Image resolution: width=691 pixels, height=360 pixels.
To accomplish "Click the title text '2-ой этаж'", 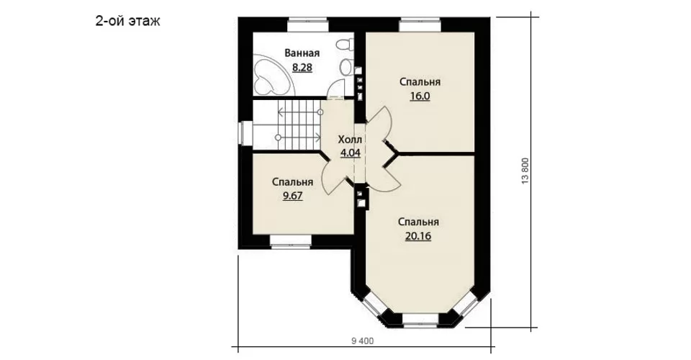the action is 128,21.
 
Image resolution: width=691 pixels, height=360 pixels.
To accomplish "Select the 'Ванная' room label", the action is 302,53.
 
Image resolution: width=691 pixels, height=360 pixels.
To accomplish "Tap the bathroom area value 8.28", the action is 302,68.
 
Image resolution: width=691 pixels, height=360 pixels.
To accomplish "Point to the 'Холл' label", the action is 350,140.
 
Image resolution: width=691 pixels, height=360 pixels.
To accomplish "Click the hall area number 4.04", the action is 350,153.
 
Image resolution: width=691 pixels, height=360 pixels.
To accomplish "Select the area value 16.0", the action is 420,96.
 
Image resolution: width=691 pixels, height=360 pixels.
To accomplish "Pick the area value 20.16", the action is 417,235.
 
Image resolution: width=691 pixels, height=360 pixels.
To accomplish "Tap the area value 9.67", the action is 293,196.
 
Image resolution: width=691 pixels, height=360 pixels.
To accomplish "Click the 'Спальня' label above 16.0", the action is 420,82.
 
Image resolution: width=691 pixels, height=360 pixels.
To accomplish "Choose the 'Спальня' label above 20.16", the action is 418,222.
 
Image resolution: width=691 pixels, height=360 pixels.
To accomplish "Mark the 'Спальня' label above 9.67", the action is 293,181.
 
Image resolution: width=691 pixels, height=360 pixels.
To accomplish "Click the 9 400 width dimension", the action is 363,340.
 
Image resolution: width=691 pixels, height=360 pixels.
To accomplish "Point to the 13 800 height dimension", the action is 525,171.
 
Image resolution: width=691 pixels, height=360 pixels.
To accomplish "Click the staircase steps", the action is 299,125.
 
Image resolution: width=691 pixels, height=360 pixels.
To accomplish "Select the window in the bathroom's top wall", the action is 308,24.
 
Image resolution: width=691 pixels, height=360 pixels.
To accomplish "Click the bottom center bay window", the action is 420,320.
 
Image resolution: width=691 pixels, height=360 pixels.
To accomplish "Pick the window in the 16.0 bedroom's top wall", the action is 420,24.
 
